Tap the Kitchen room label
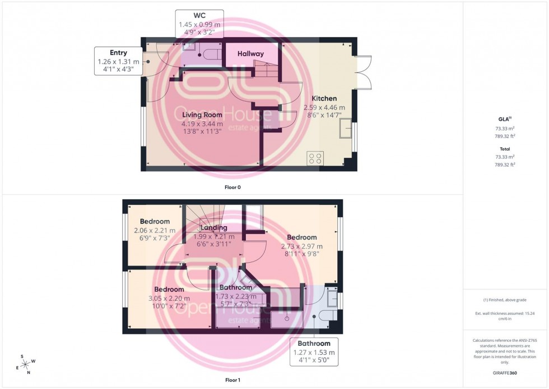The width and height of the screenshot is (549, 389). pyautogui.click(x=324, y=99)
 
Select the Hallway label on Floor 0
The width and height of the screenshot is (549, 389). pyautogui.click(x=250, y=54)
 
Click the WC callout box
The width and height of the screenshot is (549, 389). pyautogui.click(x=199, y=24)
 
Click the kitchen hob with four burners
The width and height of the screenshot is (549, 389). pyautogui.click(x=314, y=159)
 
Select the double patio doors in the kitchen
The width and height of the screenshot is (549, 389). pyautogui.click(x=363, y=72)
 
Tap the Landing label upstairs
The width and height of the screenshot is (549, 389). pyautogui.click(x=213, y=228)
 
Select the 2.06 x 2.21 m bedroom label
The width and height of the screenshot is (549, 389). pyautogui.click(x=154, y=221)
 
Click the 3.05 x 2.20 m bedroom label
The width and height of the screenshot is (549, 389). pyautogui.click(x=169, y=290)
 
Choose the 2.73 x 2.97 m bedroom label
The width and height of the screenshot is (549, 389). pyautogui.click(x=303, y=237)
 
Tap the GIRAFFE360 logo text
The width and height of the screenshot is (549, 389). pyautogui.click(x=505, y=372)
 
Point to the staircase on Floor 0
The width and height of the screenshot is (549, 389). pyautogui.click(x=265, y=71)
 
